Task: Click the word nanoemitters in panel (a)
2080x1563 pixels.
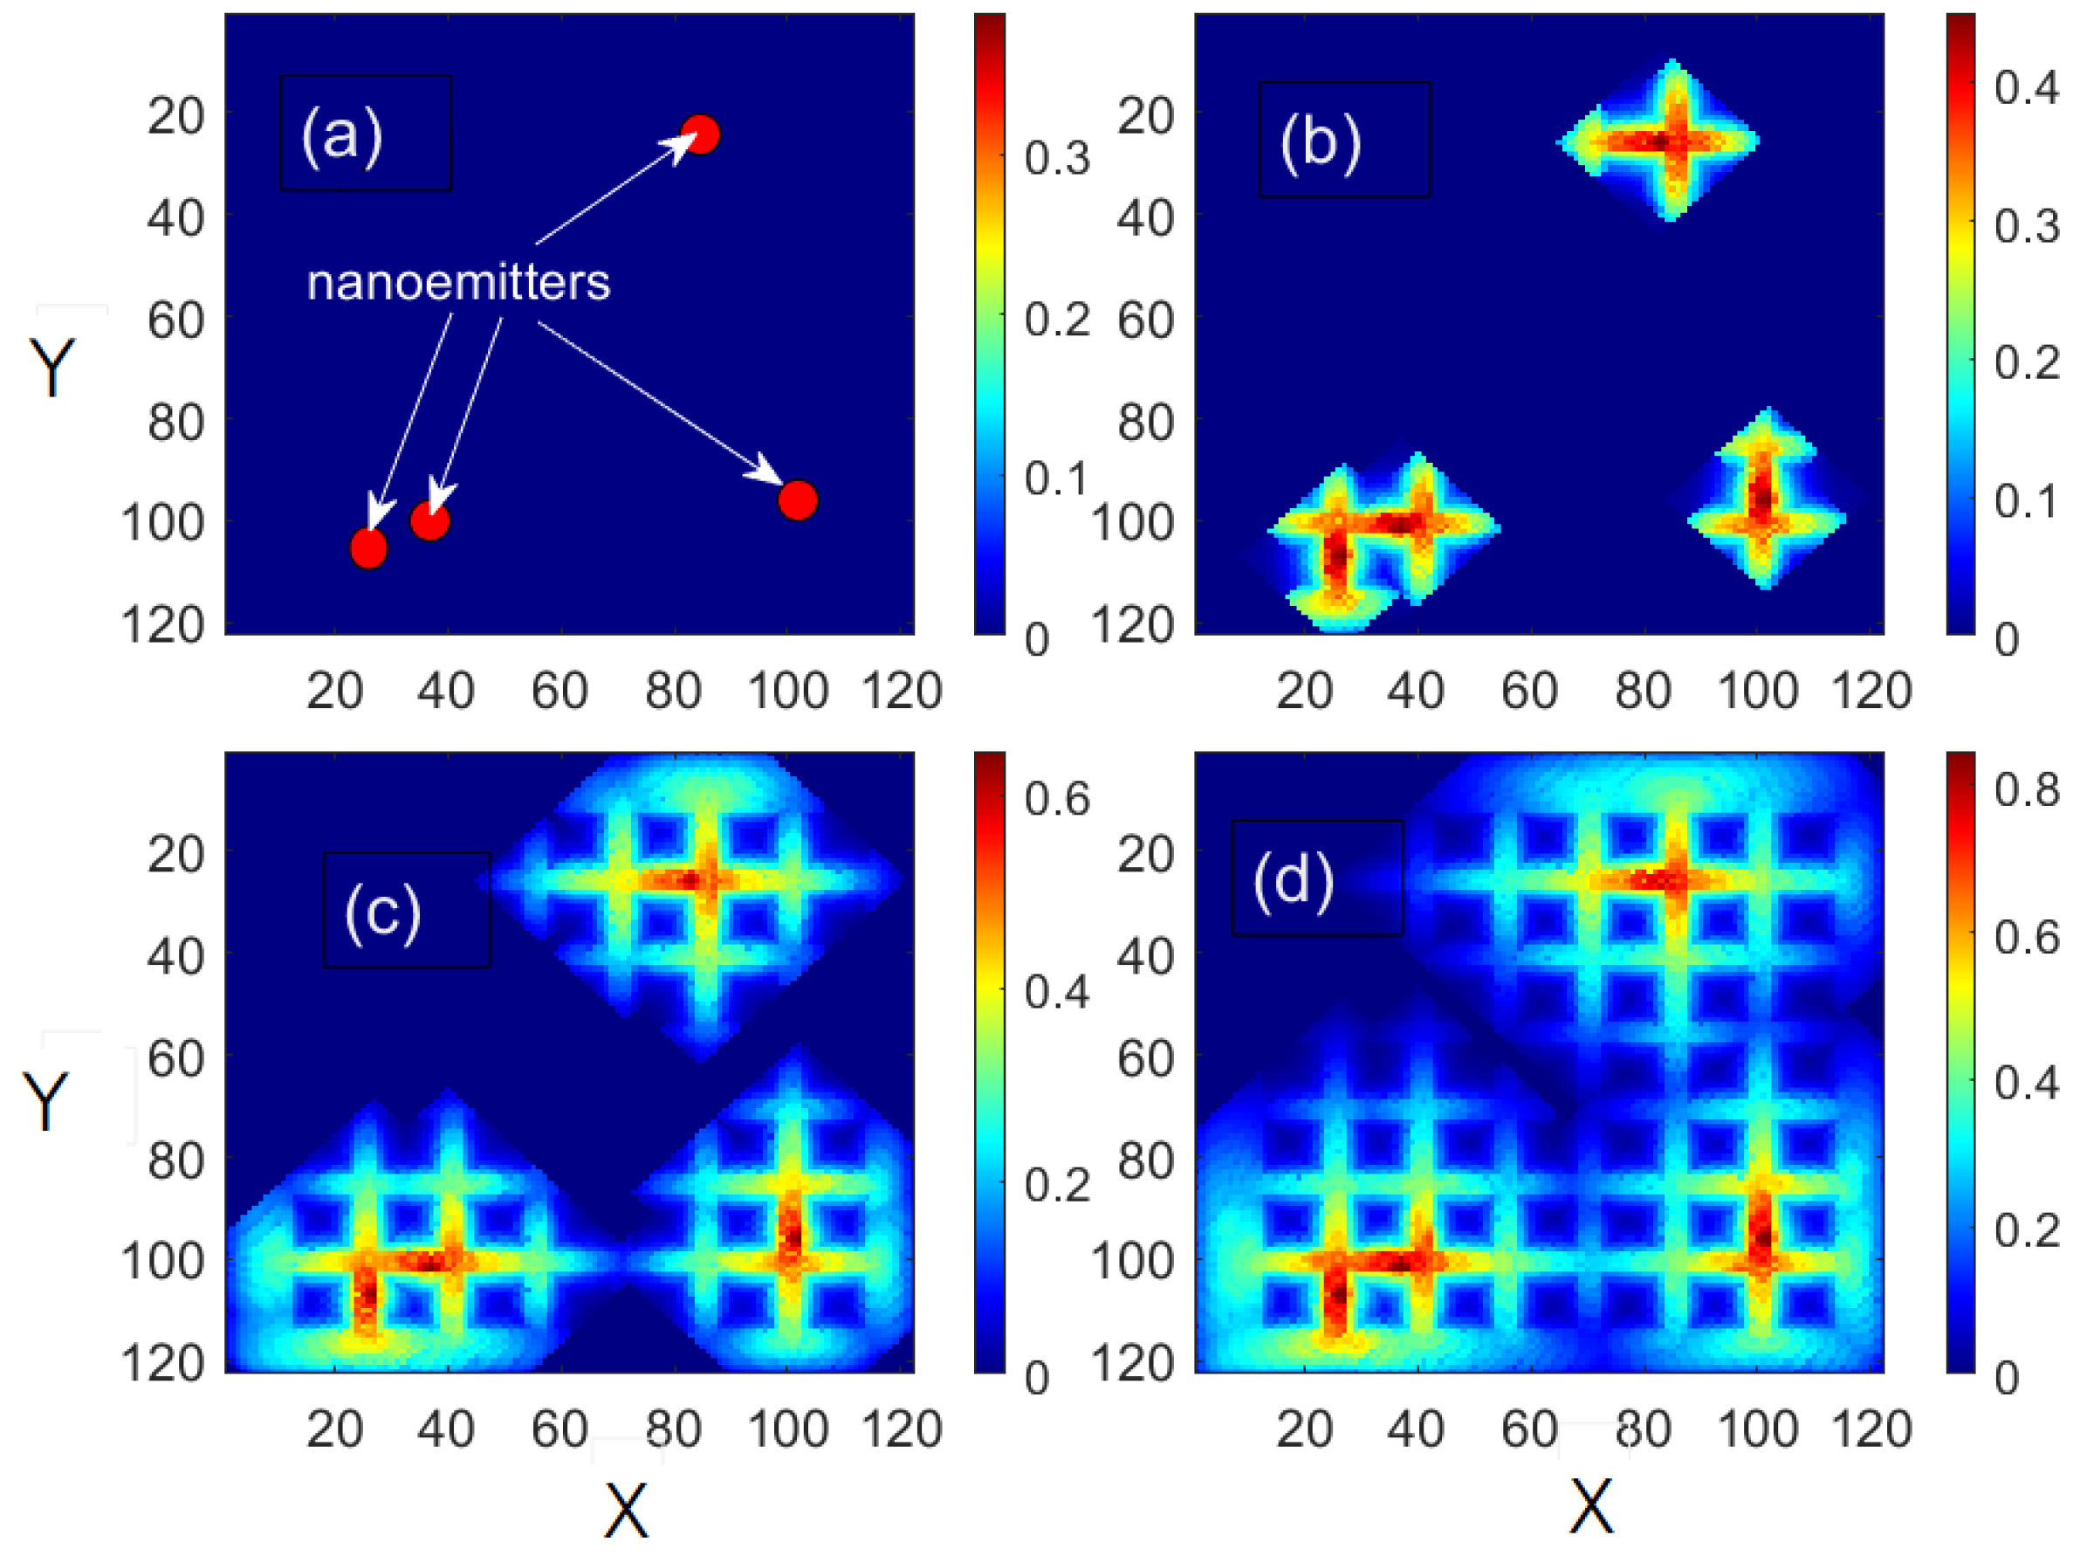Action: (x=458, y=282)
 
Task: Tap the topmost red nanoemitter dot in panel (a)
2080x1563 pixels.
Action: (x=700, y=134)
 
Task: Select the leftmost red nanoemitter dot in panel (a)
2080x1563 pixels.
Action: (x=367, y=547)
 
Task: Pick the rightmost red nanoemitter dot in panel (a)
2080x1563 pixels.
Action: (x=798, y=500)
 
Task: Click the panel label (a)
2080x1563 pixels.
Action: (x=342, y=134)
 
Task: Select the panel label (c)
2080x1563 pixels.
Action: (x=382, y=912)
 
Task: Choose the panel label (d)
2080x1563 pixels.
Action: (x=1293, y=879)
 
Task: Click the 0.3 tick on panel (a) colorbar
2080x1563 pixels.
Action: (x=1057, y=159)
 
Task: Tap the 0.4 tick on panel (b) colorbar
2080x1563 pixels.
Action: (x=2027, y=88)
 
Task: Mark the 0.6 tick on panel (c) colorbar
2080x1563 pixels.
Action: (x=1057, y=798)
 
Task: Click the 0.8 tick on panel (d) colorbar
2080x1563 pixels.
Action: (x=2027, y=790)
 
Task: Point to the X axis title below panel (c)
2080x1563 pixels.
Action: (x=625, y=1511)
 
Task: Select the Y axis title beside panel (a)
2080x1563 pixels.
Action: (x=52, y=367)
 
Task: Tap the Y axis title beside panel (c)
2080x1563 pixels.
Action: (x=46, y=1101)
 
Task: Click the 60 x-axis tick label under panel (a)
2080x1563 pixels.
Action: (x=559, y=692)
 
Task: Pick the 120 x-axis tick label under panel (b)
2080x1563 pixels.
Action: (x=1871, y=692)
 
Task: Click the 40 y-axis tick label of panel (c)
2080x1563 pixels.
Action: (x=175, y=957)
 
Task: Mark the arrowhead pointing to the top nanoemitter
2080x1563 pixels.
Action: (x=682, y=145)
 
